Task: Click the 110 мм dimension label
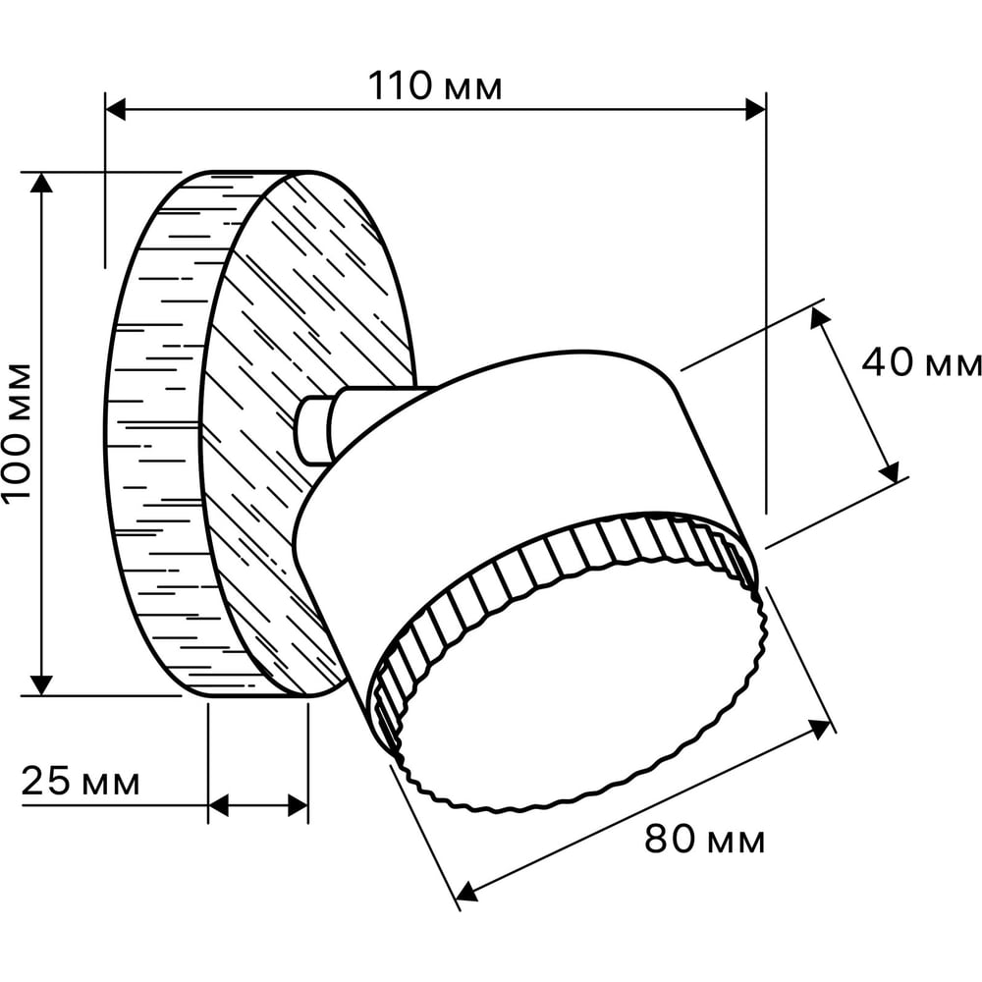(435, 85)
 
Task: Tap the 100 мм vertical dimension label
(17, 431)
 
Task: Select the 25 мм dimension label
(81, 781)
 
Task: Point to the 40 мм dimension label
(921, 362)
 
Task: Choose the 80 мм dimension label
(704, 839)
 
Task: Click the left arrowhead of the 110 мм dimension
(116, 109)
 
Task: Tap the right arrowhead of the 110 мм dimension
(755, 109)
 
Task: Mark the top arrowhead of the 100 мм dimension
(41, 183)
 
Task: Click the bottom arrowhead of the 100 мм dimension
(41, 685)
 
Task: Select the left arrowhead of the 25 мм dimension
(219, 805)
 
